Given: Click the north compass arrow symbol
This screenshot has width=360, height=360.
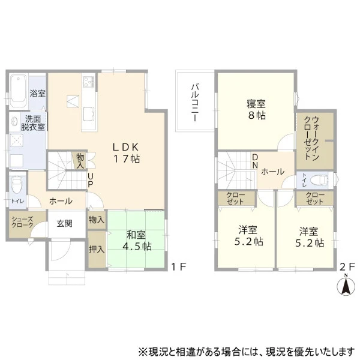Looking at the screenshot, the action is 346,286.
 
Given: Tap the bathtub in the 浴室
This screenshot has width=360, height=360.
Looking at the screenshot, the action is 19,91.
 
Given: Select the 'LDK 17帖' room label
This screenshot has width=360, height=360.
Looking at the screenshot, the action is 126,152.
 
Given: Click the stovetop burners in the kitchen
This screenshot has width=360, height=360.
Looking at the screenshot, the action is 89,82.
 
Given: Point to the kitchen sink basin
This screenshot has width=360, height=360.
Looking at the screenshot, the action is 89,114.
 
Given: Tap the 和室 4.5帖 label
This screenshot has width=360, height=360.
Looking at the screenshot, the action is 137,241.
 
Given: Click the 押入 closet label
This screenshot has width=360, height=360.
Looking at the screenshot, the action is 97,249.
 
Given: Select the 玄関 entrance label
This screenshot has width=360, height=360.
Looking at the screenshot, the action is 65,223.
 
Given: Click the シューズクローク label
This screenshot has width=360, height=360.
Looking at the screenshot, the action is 22,222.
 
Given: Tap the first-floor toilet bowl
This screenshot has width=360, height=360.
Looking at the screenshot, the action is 16,184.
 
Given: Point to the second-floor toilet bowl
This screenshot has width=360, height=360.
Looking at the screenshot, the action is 319,180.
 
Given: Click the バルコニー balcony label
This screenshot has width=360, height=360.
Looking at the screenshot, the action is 195,103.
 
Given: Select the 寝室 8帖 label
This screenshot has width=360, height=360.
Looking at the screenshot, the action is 256,110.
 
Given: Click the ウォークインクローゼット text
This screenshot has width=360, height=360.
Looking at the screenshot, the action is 312,138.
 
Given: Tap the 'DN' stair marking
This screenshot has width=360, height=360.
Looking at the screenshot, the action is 256,161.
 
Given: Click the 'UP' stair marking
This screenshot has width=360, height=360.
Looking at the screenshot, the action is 91,180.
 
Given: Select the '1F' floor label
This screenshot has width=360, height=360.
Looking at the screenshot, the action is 179,266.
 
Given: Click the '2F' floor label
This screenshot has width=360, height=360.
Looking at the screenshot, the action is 347,266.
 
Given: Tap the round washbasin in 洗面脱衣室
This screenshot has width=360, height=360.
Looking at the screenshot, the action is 14,121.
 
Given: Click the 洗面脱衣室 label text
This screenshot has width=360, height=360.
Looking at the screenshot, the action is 32,123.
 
